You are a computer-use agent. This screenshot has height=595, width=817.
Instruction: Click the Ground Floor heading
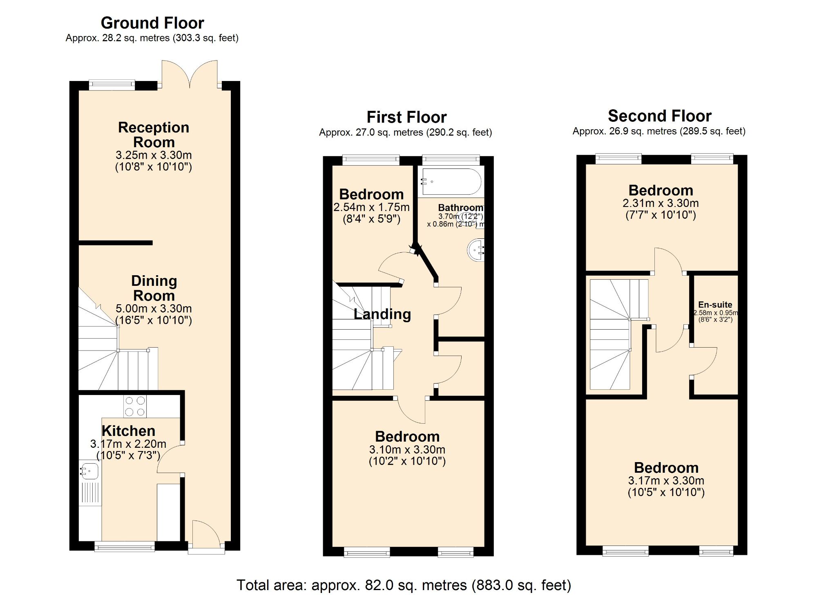152,23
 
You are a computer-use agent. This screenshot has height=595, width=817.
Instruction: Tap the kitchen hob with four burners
135,406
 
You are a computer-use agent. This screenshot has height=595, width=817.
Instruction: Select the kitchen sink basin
89,471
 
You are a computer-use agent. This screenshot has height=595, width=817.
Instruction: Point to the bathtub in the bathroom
451,182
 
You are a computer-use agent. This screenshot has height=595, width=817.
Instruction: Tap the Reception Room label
154,135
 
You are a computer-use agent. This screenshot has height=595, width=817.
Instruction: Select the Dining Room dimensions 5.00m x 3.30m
154,308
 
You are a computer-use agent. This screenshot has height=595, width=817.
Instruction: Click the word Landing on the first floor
382,314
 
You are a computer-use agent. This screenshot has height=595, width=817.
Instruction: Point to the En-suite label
715,305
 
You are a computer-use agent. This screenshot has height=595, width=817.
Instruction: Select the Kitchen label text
128,431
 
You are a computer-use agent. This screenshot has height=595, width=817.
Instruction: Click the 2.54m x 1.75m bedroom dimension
371,207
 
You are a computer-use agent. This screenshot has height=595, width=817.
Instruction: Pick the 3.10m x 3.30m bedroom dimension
407,449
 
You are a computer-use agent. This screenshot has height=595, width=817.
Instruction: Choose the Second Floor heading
659,116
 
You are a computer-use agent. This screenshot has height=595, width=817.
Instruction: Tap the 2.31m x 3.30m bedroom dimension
661,203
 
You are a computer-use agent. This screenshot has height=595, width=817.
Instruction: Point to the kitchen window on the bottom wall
125,546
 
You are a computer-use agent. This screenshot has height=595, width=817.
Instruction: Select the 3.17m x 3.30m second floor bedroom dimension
666,480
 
